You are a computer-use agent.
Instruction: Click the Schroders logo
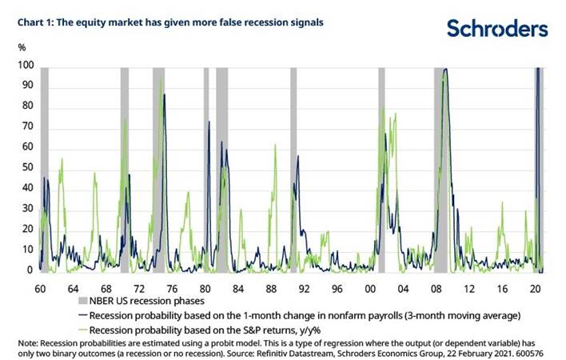click(x=497, y=30)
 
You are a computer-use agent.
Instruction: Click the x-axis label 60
click(x=39, y=286)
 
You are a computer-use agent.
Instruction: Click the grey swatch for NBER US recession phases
click(x=82, y=301)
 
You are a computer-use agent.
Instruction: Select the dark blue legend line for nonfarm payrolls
click(x=82, y=314)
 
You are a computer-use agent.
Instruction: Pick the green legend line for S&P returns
click(x=82, y=328)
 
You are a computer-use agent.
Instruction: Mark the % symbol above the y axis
click(x=22, y=49)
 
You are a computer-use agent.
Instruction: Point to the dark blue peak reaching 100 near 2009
click(x=445, y=70)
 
